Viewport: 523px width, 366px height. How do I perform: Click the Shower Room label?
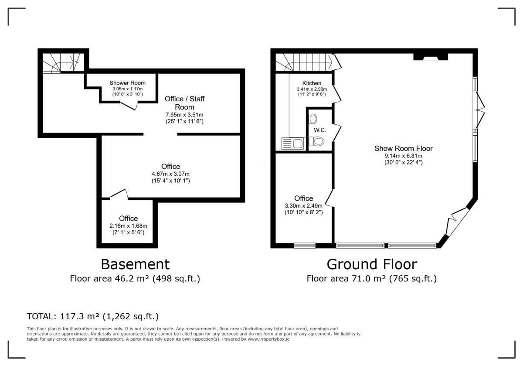[x=127, y=83]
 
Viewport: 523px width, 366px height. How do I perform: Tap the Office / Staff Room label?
[x=184, y=103]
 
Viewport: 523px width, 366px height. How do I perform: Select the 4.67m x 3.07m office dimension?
[x=171, y=174]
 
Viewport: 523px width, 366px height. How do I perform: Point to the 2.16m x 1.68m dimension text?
[x=128, y=226]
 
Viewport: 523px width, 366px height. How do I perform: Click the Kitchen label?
[x=312, y=83]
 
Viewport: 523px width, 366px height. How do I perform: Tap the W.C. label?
[x=320, y=130]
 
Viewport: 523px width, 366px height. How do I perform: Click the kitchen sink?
[x=293, y=143]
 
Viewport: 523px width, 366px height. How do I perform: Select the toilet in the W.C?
[x=316, y=141]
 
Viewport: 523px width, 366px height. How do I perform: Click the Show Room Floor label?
[x=404, y=148]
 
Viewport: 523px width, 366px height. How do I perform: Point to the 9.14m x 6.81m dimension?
[x=404, y=156]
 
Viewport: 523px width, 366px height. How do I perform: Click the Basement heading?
[x=135, y=264]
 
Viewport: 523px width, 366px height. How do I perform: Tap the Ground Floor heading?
[x=372, y=264]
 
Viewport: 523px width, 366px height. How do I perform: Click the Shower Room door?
[x=129, y=106]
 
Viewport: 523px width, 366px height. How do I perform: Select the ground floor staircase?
[x=304, y=62]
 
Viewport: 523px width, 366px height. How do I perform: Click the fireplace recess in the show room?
[x=431, y=57]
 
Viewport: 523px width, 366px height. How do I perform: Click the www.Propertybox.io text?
[x=268, y=339]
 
